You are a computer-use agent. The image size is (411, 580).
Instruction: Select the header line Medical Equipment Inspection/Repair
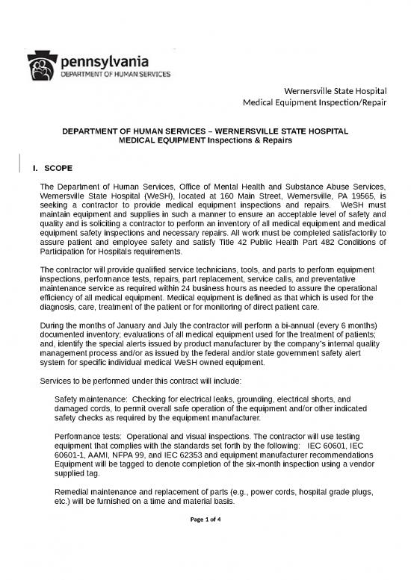click(x=317, y=102)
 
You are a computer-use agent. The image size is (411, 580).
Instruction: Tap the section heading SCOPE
click(x=61, y=169)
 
